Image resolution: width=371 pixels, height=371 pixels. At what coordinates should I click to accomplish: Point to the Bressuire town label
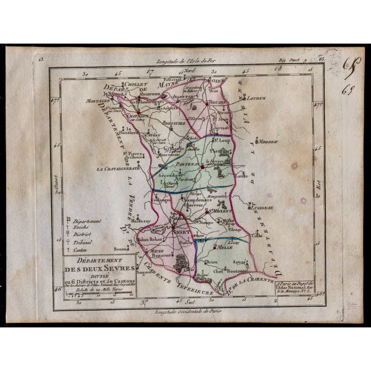174,124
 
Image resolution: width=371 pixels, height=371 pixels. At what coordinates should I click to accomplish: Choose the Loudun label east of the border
256,98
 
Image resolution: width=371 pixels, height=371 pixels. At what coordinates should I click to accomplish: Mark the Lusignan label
262,209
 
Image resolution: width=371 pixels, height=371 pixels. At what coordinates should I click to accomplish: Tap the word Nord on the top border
189,71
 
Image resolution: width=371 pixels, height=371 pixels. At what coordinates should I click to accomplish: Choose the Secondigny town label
167,176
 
